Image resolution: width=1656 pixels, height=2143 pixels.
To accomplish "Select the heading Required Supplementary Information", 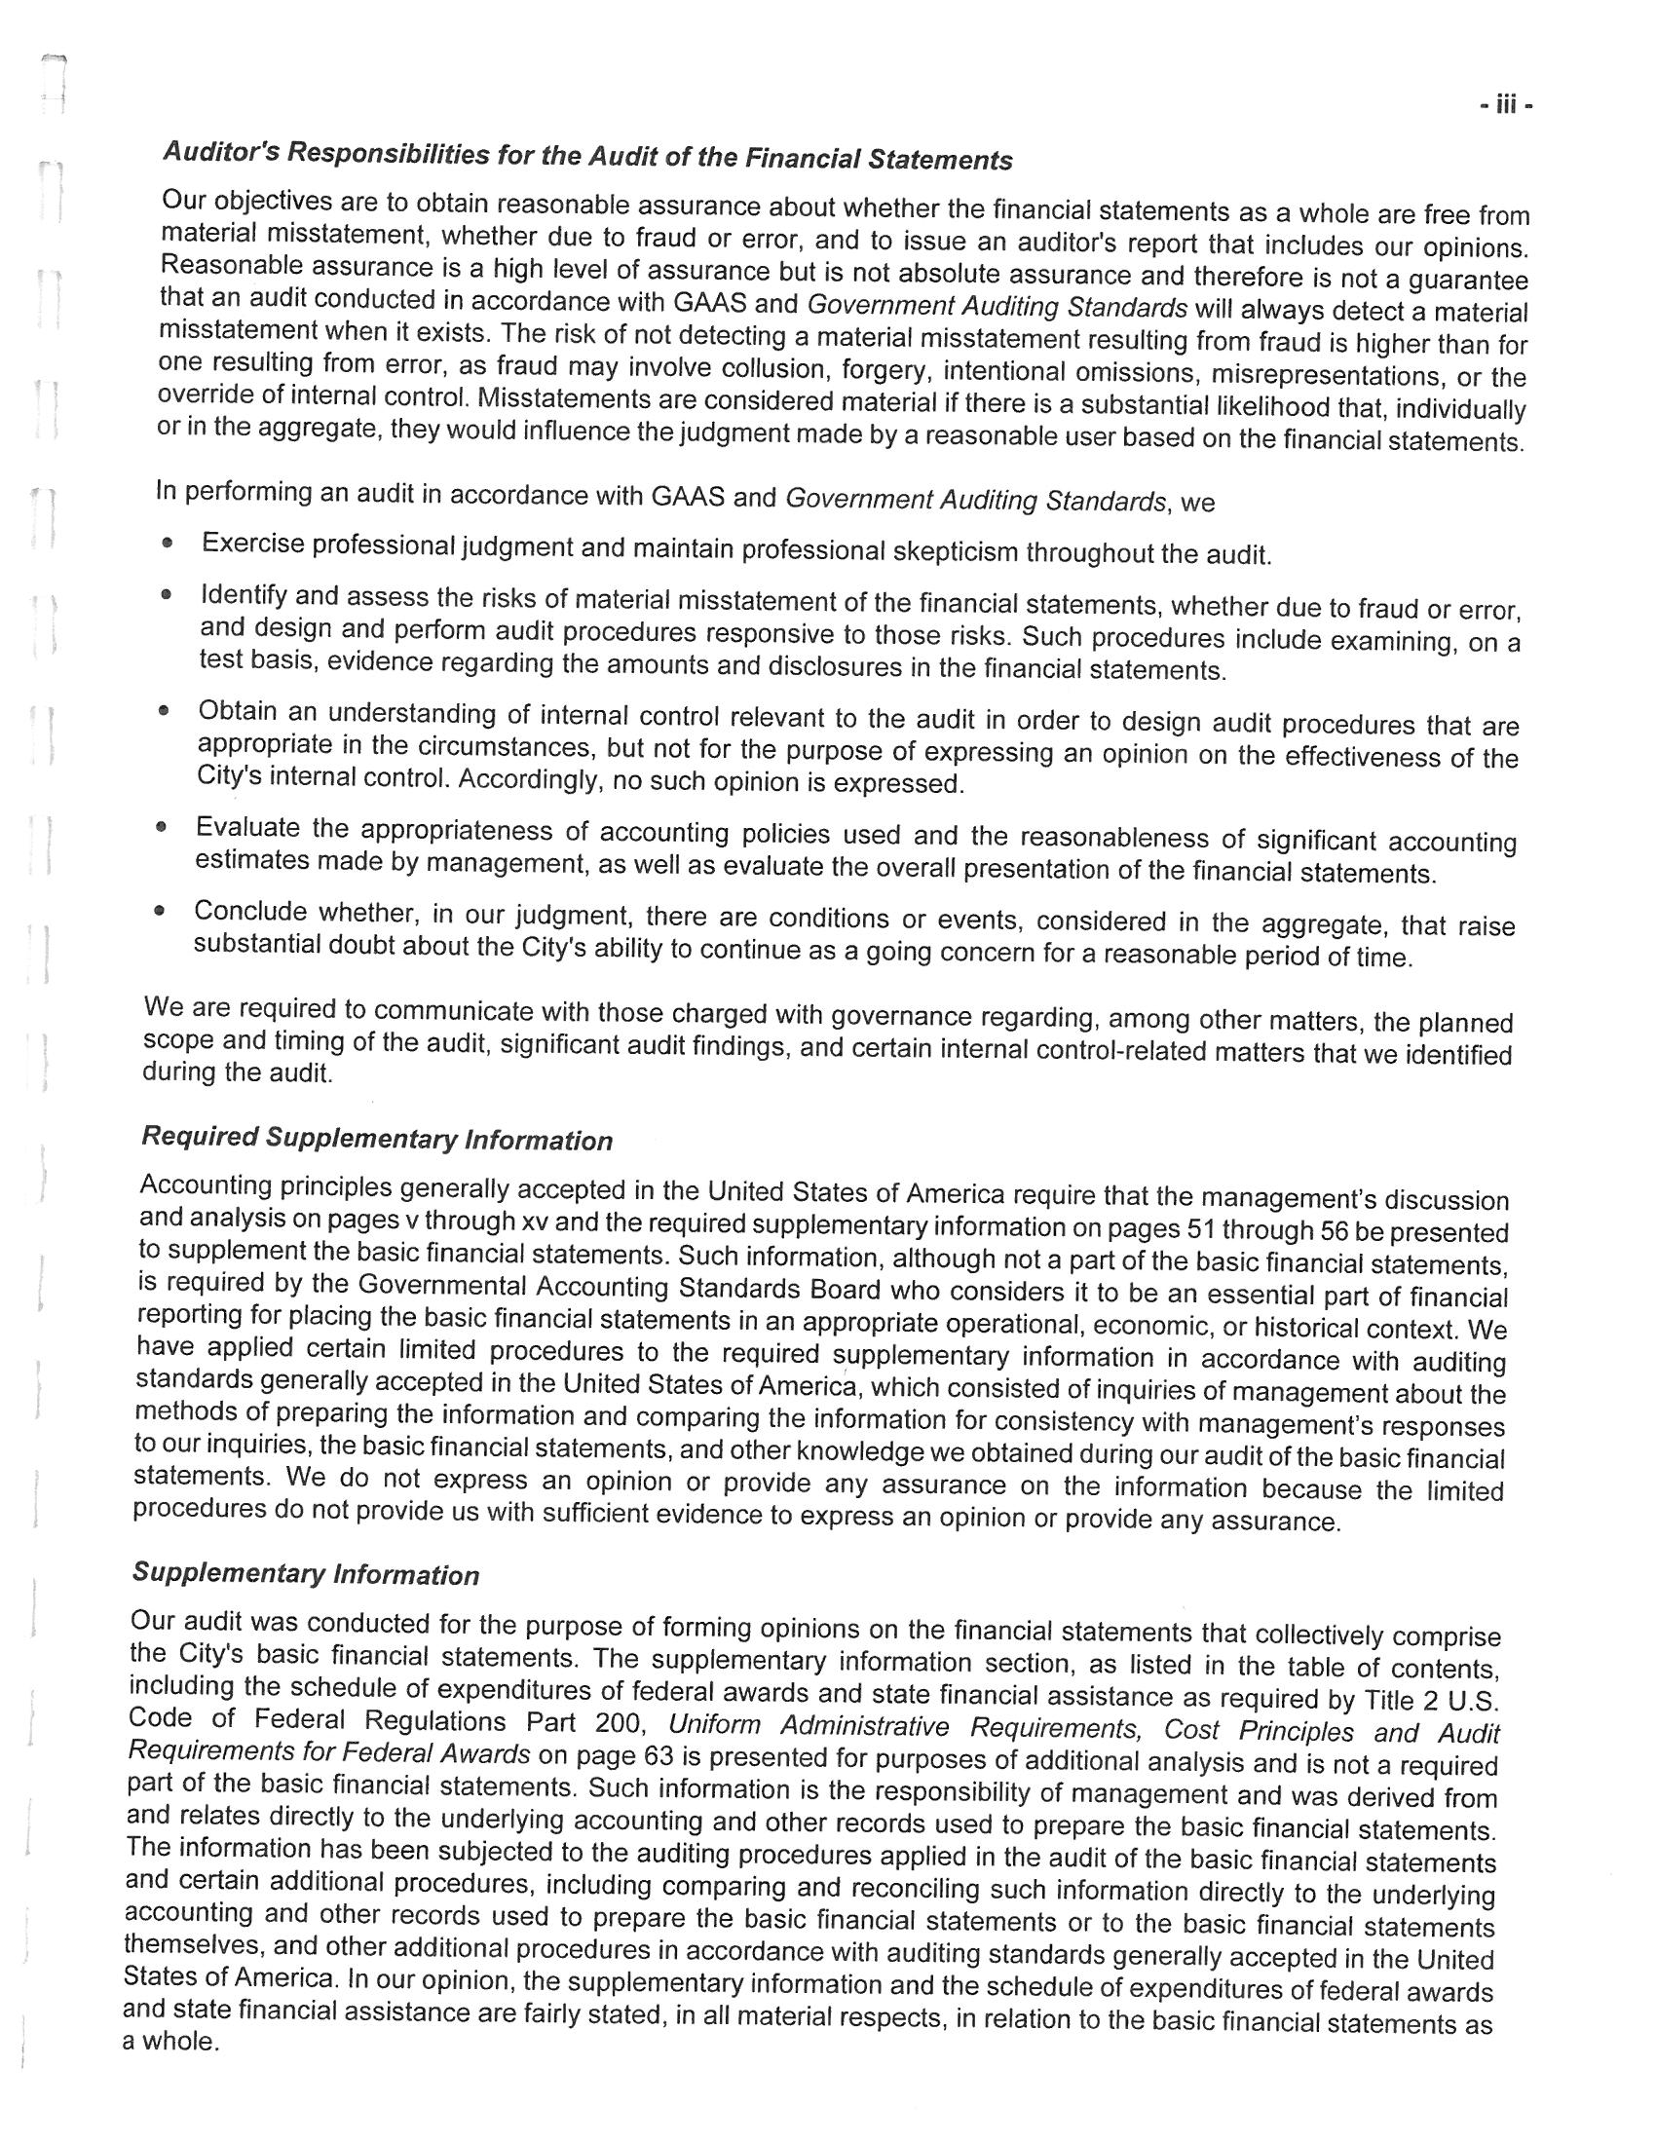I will pos(377,1140).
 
